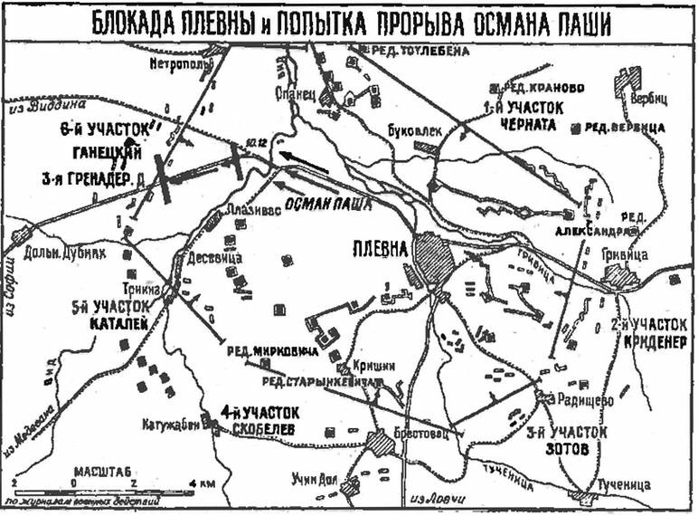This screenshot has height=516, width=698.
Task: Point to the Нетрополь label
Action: (x=185, y=65)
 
